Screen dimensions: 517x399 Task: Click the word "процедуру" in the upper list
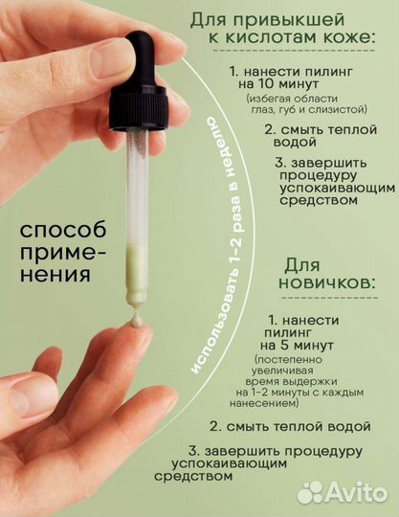pos(320,173)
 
